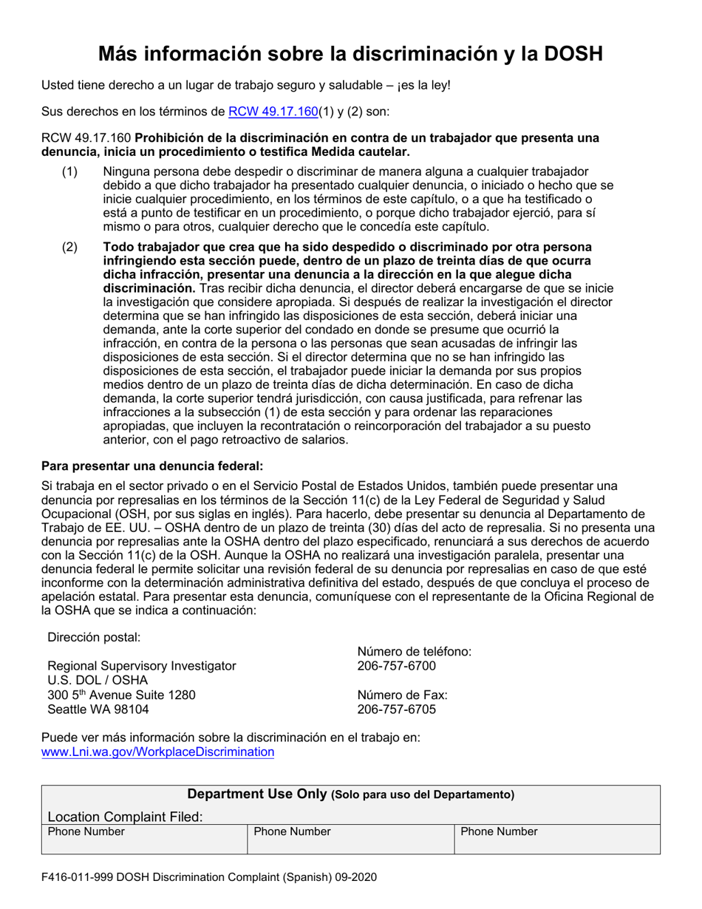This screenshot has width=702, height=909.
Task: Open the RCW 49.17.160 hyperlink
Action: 273,112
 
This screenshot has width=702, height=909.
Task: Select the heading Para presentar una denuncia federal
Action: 152,466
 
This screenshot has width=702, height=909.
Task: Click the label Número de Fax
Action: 402,695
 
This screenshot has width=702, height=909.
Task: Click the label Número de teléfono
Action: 414,652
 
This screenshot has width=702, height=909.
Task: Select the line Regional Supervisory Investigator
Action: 142,666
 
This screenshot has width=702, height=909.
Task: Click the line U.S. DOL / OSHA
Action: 98,681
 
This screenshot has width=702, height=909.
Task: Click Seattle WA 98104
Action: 98,709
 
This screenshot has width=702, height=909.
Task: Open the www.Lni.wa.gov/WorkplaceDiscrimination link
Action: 158,752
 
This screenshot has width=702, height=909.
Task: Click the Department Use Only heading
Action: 257,794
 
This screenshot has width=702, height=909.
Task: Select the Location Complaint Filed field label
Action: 125,817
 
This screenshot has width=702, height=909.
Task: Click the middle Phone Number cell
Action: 293,832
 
